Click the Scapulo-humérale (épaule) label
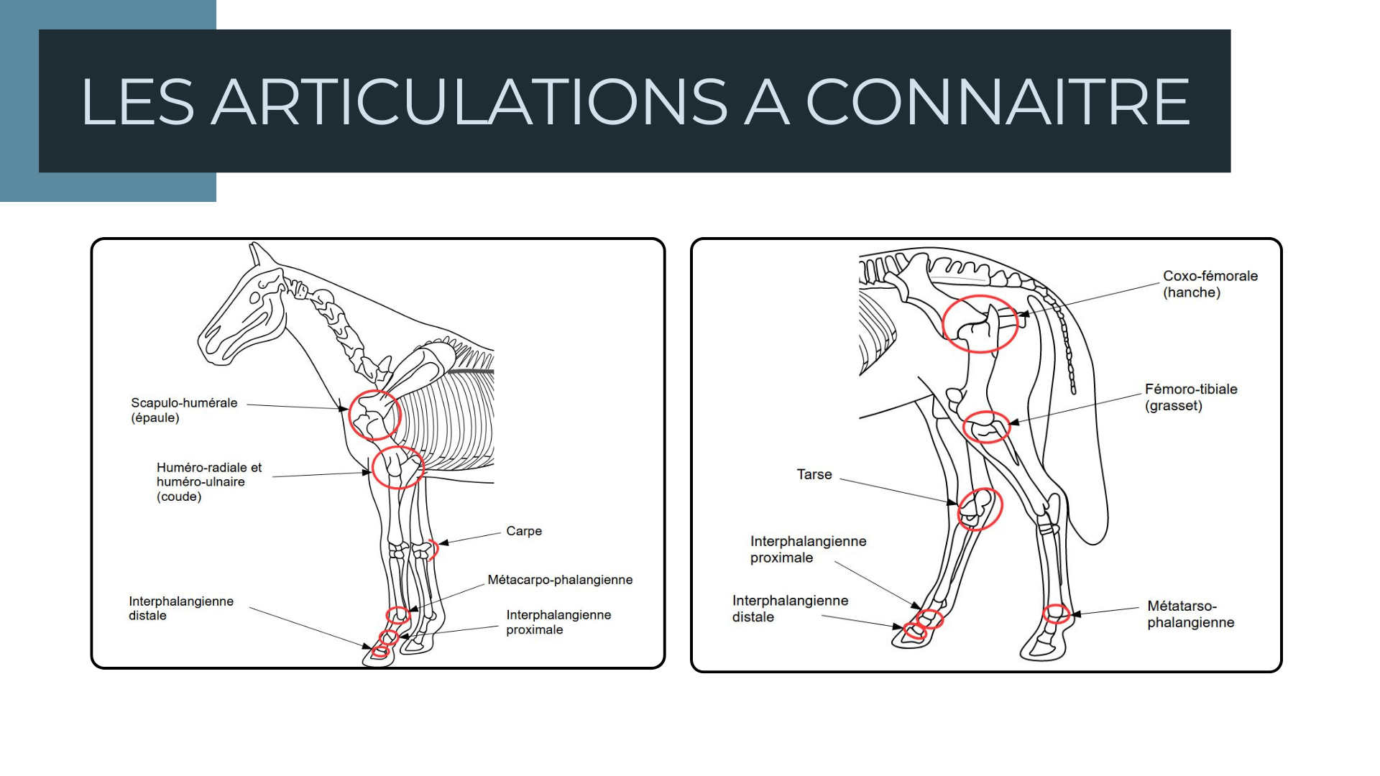tap(184, 410)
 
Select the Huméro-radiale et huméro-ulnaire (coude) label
tap(208, 481)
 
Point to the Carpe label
tap(524, 531)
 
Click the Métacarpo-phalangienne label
tap(560, 580)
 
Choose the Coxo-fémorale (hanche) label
tap(1210, 284)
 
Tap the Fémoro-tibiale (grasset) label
tap(1191, 397)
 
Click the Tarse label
tap(814, 474)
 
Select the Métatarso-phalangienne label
tap(1190, 614)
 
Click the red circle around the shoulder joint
tap(374, 415)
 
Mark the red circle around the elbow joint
tap(397, 467)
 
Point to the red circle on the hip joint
tap(980, 323)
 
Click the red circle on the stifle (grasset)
tap(986, 427)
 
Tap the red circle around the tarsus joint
tap(980, 509)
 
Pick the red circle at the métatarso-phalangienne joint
tap(1056, 613)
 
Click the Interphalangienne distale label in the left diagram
tap(180, 608)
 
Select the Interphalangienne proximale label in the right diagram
tap(808, 549)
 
